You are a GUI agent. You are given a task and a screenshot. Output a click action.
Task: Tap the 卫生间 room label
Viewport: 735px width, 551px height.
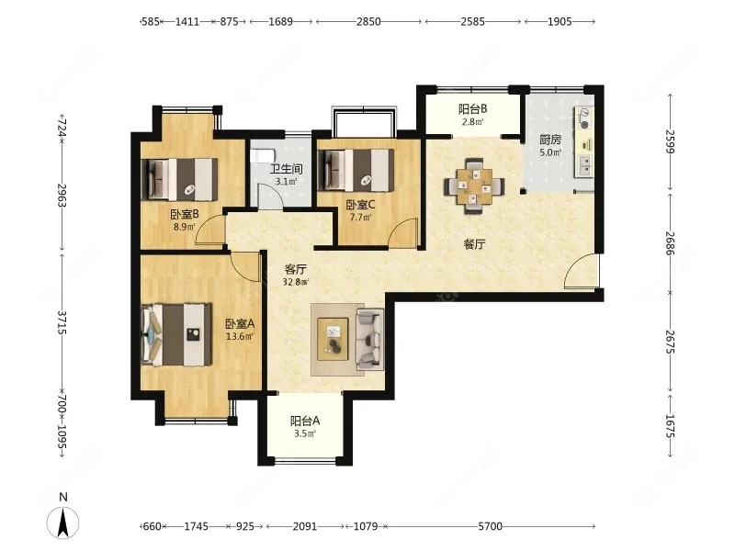coord(286,169)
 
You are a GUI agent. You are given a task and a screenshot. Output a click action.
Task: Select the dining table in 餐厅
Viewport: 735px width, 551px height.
coord(474,186)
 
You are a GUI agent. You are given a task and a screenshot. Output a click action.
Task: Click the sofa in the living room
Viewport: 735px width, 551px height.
coord(370,338)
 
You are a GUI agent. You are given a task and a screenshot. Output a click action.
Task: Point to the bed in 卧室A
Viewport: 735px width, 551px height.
coord(176,334)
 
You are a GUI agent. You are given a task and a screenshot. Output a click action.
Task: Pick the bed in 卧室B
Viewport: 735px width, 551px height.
coord(179,179)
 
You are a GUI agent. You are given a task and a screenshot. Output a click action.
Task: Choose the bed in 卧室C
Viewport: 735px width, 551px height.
coord(356,171)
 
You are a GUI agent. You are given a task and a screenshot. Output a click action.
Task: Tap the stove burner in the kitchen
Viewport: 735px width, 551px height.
coord(584,118)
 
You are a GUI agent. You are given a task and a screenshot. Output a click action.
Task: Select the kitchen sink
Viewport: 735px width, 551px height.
coord(584,165)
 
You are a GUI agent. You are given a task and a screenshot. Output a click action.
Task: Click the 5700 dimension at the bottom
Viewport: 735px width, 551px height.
coord(490,526)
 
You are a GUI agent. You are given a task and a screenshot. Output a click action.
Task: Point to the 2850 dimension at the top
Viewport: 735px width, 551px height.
coord(368,21)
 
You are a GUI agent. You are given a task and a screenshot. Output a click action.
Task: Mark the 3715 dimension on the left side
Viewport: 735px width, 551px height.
coord(62,322)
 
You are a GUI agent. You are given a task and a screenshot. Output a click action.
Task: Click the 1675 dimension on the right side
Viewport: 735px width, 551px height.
coord(670,426)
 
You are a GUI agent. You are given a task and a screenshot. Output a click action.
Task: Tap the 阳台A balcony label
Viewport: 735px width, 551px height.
coord(305,421)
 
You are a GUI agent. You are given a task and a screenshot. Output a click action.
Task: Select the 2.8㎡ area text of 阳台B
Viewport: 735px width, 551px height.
coord(472,122)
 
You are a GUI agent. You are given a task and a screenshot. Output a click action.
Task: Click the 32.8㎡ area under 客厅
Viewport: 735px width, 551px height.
coord(296,282)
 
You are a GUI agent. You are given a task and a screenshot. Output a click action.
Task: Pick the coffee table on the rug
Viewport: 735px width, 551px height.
coord(333,339)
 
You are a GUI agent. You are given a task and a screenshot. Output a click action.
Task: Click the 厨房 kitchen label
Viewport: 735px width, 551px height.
coord(549,140)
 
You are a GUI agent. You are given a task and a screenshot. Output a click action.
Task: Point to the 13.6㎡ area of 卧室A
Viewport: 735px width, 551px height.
coord(240,336)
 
